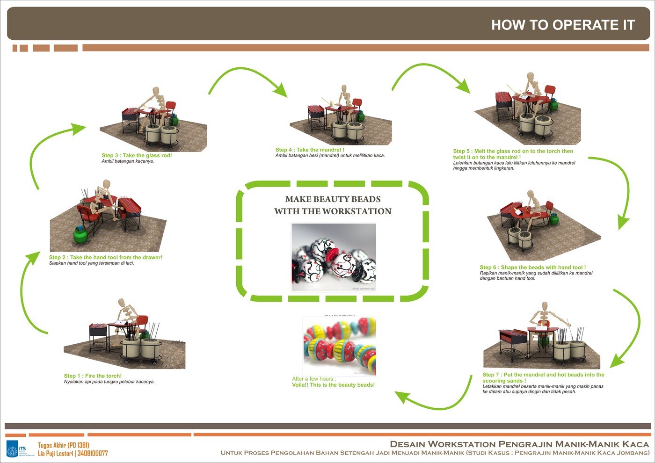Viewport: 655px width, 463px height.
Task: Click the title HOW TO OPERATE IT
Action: point(563,25)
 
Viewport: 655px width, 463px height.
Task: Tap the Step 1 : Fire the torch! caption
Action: point(93,376)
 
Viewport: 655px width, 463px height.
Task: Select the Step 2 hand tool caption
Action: point(105,258)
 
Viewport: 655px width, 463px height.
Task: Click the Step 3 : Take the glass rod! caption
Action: point(137,156)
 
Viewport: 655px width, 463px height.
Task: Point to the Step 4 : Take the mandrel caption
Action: point(310,150)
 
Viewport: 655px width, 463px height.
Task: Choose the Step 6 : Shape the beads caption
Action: point(532,268)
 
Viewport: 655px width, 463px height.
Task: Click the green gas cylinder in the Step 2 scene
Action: point(82,234)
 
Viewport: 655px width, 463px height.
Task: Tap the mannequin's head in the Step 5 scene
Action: point(530,76)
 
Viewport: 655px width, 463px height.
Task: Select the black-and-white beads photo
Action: point(334,257)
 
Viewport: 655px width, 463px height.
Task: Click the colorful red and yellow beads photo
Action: point(339,346)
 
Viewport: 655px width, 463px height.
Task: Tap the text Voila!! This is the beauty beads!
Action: point(333,385)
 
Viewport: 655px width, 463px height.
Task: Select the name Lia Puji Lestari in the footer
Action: point(56,454)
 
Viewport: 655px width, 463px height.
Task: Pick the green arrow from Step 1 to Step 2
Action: point(28,290)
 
